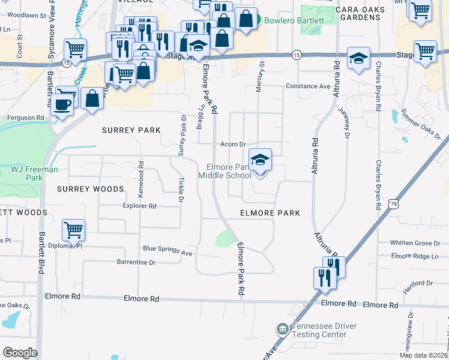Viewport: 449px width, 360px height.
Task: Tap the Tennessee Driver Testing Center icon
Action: point(282,329)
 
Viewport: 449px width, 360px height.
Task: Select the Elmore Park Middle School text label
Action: point(228,171)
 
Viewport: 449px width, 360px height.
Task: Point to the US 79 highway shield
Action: point(393,204)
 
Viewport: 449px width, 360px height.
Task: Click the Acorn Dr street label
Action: point(234,144)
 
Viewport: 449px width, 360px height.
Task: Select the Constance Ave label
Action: point(308,86)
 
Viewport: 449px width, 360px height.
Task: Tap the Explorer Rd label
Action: point(140,206)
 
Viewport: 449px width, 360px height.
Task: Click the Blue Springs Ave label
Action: point(167,250)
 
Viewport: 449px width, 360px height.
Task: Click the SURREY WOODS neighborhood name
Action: point(90,189)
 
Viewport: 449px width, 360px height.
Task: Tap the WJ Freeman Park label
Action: point(34,173)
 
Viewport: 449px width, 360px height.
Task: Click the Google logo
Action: point(20,352)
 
